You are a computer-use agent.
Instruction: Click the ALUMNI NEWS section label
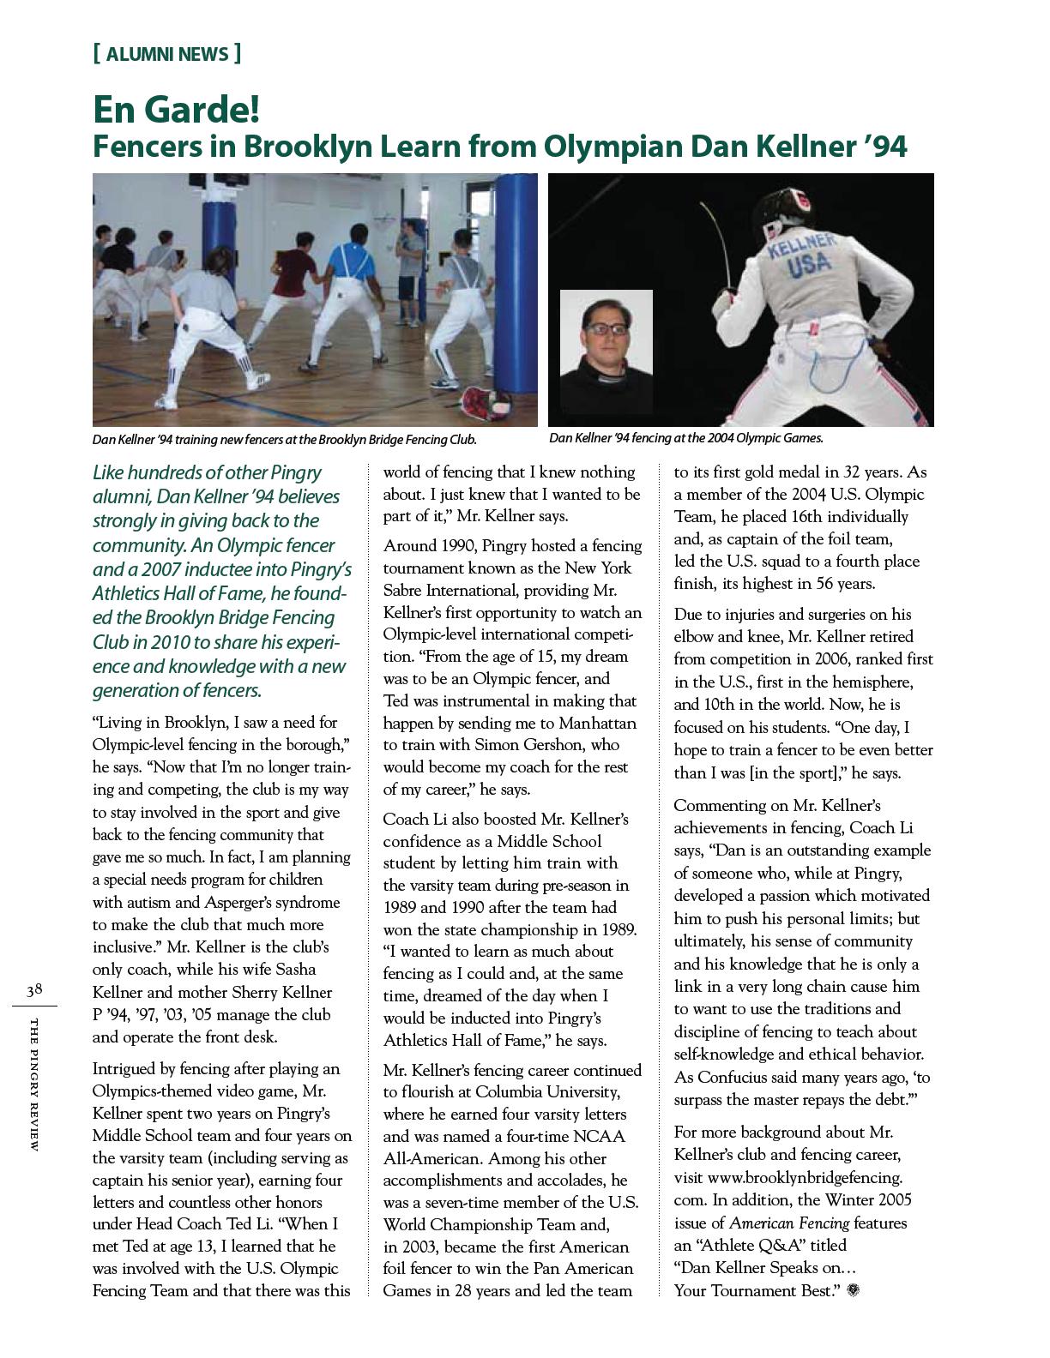click(x=166, y=55)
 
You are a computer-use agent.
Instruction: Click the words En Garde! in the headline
click(x=176, y=110)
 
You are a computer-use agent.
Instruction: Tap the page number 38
click(x=34, y=990)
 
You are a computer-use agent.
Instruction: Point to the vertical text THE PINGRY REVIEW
click(x=34, y=1085)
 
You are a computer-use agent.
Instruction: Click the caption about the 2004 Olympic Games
click(x=686, y=438)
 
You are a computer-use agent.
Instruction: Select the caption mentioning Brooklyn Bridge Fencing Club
click(x=284, y=440)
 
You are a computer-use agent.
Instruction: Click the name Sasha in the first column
click(x=297, y=970)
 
